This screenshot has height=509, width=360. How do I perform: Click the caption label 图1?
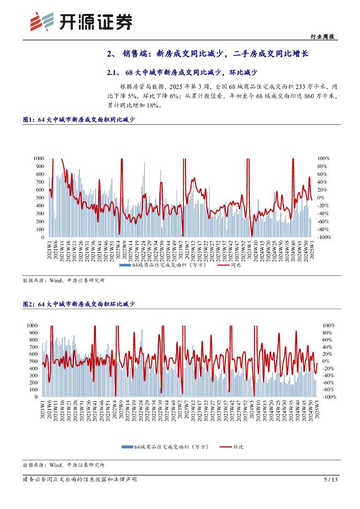click(x=28, y=120)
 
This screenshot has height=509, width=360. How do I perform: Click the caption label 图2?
click(x=28, y=304)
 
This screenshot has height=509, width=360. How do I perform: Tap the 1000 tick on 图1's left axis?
click(x=38, y=159)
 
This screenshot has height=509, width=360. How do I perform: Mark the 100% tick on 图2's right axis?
click(x=327, y=325)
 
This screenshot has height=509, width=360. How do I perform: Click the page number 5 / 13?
click(x=331, y=480)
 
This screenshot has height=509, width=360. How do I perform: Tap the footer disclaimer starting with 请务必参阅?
click(x=80, y=480)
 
